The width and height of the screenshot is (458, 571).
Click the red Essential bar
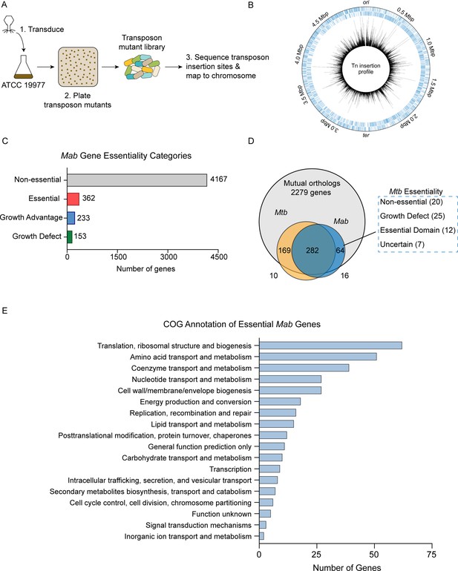tap(73, 199)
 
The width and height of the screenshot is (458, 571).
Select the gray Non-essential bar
tap(137, 180)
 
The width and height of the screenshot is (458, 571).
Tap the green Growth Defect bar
tap(70, 237)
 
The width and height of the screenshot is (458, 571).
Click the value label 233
tap(83, 218)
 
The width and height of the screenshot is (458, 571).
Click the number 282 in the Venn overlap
tap(313, 250)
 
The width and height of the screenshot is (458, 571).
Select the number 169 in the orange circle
tap(284, 250)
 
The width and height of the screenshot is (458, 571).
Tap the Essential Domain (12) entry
tap(418, 230)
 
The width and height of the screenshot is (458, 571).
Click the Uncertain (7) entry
tap(402, 245)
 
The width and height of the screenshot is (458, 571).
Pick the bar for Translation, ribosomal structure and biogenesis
tap(331, 346)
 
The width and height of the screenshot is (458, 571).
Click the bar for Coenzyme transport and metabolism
tap(304, 368)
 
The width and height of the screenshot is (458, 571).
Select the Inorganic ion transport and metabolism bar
tap(261, 536)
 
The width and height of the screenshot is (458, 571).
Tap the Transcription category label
tap(230, 469)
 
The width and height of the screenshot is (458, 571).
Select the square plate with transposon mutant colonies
tap(78, 67)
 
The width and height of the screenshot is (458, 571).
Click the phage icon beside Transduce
tap(9, 25)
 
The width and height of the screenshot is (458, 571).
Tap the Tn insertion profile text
tap(366, 69)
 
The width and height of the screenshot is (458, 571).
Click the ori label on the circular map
tap(366, 3)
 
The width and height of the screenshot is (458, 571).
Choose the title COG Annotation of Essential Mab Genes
tap(242, 324)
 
